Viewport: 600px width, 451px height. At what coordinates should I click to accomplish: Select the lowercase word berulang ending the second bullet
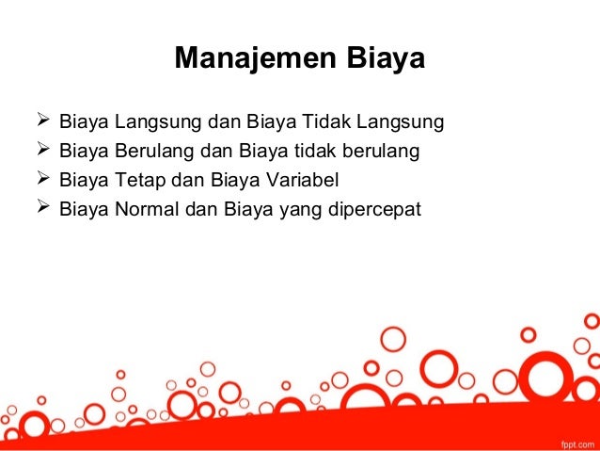pyautogui.click(x=385, y=151)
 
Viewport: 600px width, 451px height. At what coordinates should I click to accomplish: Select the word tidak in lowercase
pyautogui.click(x=329, y=151)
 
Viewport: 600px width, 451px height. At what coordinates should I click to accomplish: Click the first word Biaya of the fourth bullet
pyautogui.click(x=84, y=207)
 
